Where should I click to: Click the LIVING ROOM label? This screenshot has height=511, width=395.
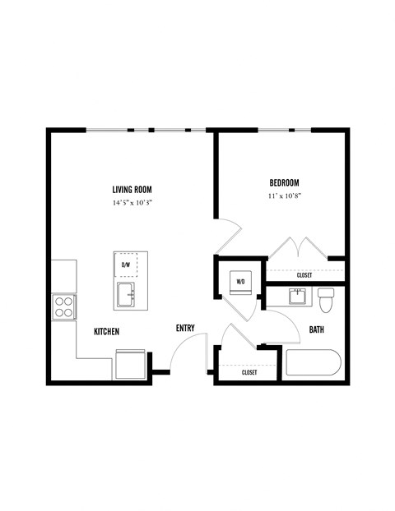[x=132, y=189]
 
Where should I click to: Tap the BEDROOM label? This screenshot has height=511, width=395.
[x=283, y=182]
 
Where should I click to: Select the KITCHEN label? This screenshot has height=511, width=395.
[x=107, y=331]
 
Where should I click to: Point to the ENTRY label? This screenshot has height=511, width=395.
[x=185, y=329]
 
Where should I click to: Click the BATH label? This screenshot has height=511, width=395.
[x=317, y=330]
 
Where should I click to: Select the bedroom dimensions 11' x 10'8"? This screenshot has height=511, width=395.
[x=283, y=196]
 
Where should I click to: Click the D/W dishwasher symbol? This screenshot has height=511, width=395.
[x=127, y=265]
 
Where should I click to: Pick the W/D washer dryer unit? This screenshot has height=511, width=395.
[x=241, y=281]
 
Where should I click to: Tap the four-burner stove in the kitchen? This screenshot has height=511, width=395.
[x=63, y=307]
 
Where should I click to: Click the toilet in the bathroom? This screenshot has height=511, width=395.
[x=326, y=300]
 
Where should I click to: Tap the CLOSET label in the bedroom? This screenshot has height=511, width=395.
[x=304, y=275]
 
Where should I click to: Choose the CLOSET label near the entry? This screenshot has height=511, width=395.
[x=249, y=372]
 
